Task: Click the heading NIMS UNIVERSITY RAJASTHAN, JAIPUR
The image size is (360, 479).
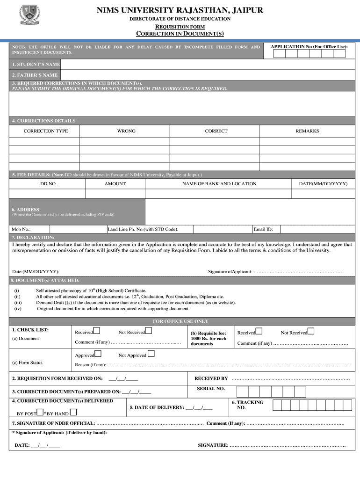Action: (x=180, y=10)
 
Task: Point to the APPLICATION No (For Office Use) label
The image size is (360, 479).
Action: (x=309, y=47)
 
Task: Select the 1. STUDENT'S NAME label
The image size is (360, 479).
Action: (x=36, y=64)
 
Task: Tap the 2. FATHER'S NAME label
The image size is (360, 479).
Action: (x=35, y=75)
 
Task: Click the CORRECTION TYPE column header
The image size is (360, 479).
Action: (x=46, y=131)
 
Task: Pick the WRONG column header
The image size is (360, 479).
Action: (x=126, y=131)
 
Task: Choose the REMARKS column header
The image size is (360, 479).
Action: (x=307, y=131)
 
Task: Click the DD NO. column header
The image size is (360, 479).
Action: (x=48, y=184)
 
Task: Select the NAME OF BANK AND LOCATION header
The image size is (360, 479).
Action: (x=219, y=184)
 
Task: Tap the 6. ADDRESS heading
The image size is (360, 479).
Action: (x=26, y=210)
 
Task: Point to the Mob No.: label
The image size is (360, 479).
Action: (x=22, y=229)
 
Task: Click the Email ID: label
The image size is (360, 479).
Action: (x=263, y=229)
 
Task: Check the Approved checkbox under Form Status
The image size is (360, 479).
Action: (x=98, y=355)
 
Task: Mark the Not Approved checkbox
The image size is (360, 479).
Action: (x=151, y=355)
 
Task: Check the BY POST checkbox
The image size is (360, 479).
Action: (x=40, y=413)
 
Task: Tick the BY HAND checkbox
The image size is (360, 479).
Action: (x=73, y=413)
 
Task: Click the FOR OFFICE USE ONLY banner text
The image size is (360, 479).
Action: (x=180, y=321)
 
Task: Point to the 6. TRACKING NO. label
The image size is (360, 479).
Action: (x=247, y=405)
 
